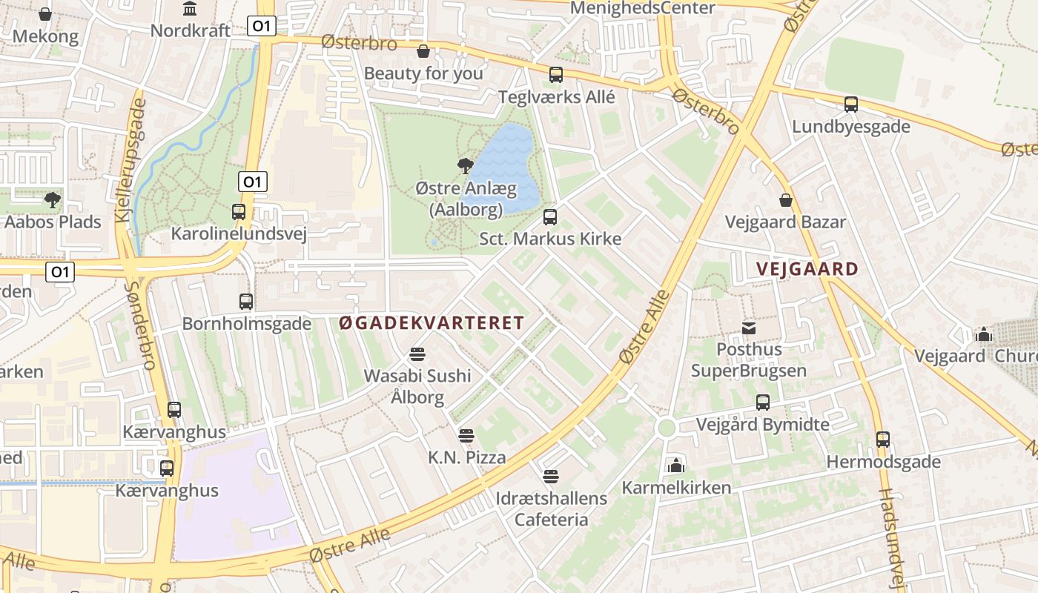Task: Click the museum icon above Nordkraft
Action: (190, 9)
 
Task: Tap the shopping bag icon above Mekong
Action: (45, 14)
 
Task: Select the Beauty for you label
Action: (423, 73)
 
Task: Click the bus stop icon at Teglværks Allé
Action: (556, 75)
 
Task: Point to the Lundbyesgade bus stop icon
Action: (851, 105)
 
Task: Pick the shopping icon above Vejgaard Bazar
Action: (786, 200)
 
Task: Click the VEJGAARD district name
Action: (807, 269)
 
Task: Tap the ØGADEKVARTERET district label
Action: (432, 323)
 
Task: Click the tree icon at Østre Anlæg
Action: (466, 166)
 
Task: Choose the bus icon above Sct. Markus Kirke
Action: (550, 217)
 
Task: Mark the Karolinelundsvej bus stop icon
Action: (239, 212)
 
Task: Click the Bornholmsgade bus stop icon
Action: (247, 302)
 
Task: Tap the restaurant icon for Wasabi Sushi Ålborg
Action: (417, 354)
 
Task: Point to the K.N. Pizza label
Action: (467, 457)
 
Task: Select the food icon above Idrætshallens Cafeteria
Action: (550, 476)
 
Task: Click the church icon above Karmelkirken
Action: (675, 466)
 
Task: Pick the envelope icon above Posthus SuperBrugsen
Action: (749, 328)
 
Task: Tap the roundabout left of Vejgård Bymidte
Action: (667, 428)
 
